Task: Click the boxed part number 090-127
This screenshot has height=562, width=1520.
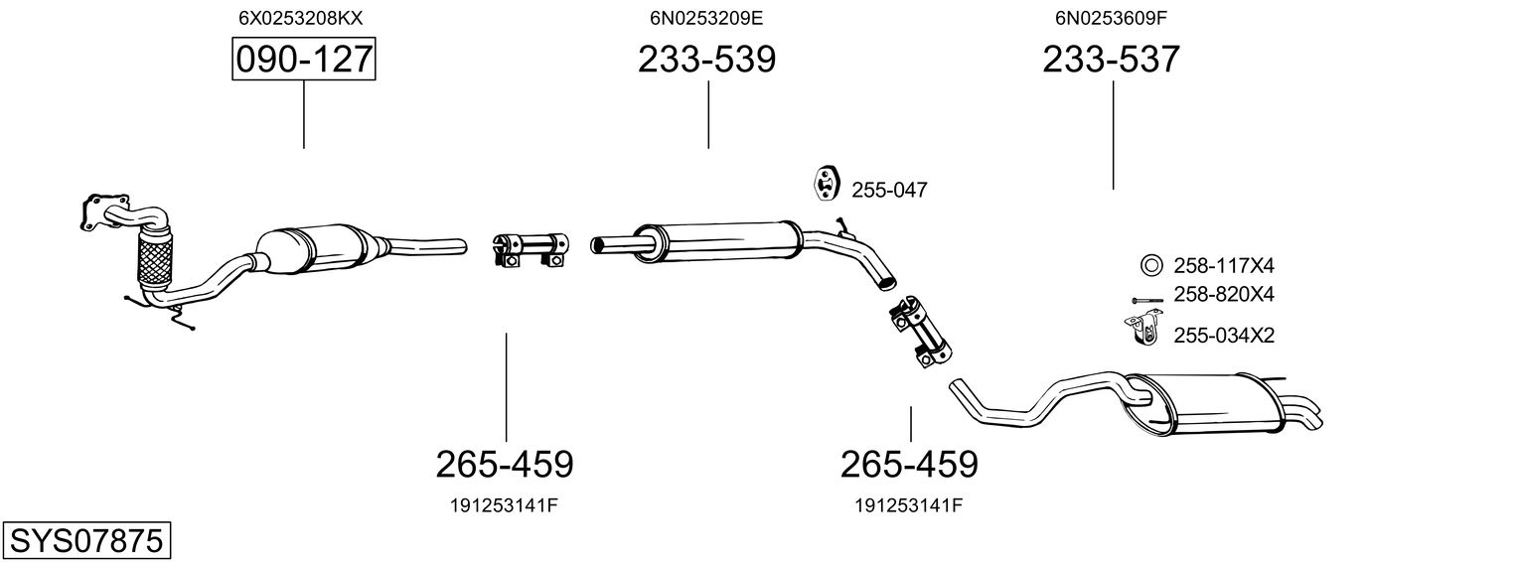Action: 303,61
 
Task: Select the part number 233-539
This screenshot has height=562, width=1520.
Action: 706,61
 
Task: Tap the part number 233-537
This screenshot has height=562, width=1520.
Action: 1111,61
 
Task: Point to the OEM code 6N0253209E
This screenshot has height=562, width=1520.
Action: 706,17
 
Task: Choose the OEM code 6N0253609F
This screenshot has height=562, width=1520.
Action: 1111,17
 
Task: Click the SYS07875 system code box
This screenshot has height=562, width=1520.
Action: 85,541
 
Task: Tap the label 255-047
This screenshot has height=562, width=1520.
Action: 889,190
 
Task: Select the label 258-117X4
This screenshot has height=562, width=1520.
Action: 1223,266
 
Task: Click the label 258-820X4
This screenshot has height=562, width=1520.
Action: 1223,295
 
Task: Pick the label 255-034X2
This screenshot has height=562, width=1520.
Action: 1223,336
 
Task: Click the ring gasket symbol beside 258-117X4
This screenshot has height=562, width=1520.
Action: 1150,265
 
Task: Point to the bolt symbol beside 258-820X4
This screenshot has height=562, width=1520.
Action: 1146,299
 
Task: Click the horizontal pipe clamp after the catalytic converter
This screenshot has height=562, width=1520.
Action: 531,249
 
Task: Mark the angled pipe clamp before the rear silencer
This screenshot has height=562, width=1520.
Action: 919,331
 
